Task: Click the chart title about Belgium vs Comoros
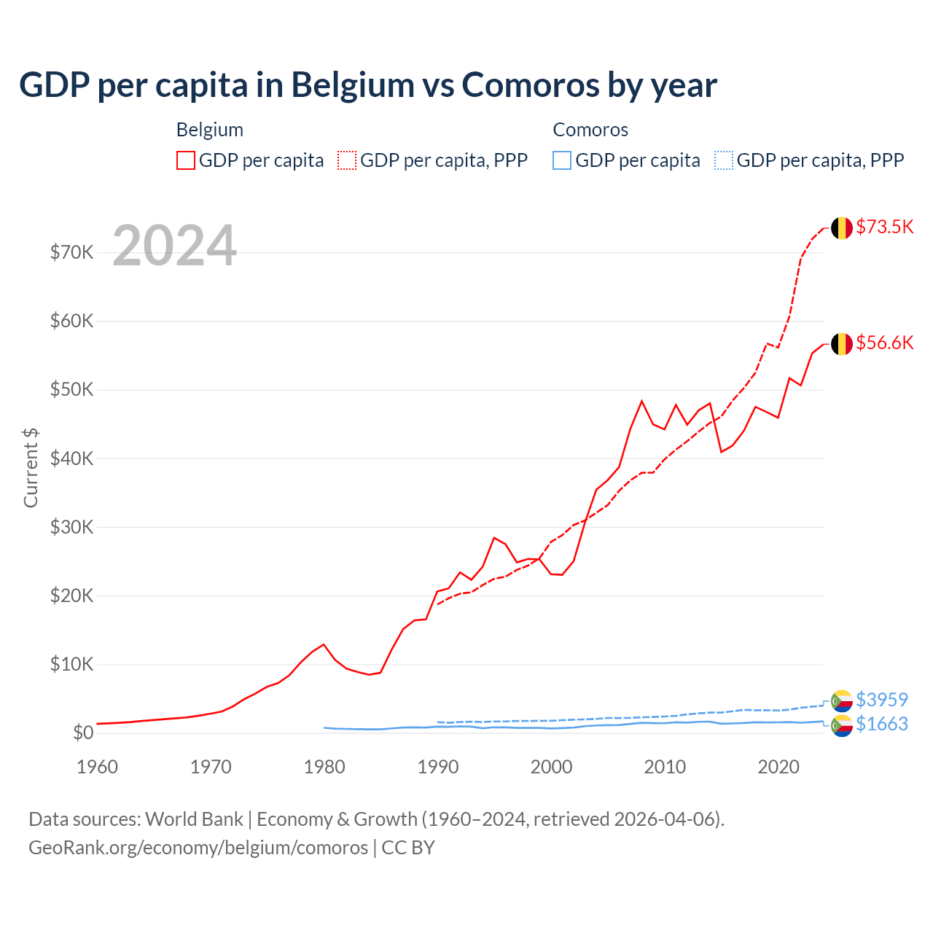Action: [x=368, y=85]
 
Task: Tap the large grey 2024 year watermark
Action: [x=174, y=246]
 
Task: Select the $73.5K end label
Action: [x=884, y=227]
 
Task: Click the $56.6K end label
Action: [x=884, y=343]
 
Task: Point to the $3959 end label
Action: [x=881, y=700]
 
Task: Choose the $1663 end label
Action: [x=881, y=724]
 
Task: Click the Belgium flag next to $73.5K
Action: [x=842, y=227]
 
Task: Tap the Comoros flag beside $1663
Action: [x=842, y=725]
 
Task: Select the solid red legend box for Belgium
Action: [x=186, y=160]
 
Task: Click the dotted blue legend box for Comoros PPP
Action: [x=724, y=160]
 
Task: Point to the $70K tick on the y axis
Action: [x=72, y=253]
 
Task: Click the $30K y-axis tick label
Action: [x=72, y=527]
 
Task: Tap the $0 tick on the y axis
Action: [x=83, y=733]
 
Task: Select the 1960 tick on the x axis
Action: [x=97, y=767]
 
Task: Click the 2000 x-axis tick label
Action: [x=551, y=767]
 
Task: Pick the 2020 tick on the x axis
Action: [x=778, y=767]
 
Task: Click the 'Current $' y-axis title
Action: [x=31, y=467]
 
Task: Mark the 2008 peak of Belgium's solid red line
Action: [x=641, y=401]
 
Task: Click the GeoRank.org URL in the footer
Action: [x=198, y=848]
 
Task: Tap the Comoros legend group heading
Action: [x=590, y=130]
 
